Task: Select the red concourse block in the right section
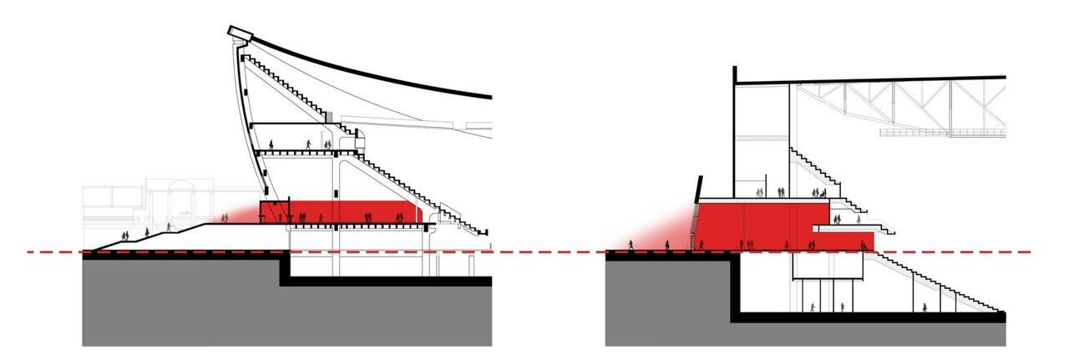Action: [x=752, y=221]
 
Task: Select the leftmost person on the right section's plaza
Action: [x=631, y=245]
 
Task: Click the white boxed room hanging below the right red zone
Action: [x=827, y=266]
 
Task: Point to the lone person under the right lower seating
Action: [x=925, y=307]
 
